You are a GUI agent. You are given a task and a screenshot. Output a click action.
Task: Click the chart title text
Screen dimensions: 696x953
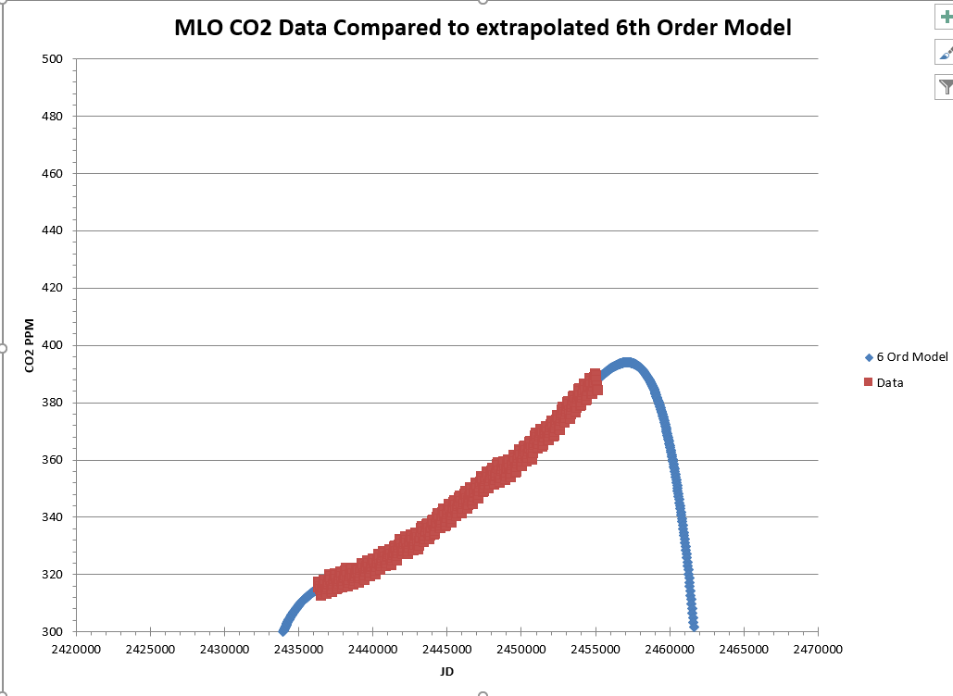pyautogui.click(x=483, y=28)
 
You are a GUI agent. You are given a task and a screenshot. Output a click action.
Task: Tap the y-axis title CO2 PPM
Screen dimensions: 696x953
pyautogui.click(x=29, y=345)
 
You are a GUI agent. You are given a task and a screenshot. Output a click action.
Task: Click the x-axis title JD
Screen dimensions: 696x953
pyautogui.click(x=447, y=671)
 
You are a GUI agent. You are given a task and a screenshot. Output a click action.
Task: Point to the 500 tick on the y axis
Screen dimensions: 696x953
pyautogui.click(x=53, y=59)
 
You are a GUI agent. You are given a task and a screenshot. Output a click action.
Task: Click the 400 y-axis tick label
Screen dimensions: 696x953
pyautogui.click(x=53, y=345)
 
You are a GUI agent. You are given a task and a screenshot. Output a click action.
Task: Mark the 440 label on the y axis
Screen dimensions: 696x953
pyautogui.click(x=53, y=230)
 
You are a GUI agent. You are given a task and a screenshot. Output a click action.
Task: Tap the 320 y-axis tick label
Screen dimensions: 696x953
pyautogui.click(x=53, y=575)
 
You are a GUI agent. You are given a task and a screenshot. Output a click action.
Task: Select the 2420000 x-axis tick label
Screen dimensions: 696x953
pyautogui.click(x=76, y=650)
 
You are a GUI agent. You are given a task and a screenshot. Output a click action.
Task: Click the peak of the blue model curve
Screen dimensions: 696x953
pyautogui.click(x=627, y=363)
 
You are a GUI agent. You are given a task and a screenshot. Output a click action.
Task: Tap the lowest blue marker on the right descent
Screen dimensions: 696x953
pyautogui.click(x=694, y=626)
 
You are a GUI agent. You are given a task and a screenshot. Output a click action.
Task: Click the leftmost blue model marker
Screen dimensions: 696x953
pyautogui.click(x=283, y=630)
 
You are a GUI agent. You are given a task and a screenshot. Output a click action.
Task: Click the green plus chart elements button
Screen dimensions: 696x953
pyautogui.click(x=945, y=19)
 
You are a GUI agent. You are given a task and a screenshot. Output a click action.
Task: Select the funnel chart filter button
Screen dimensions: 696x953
pyautogui.click(x=945, y=87)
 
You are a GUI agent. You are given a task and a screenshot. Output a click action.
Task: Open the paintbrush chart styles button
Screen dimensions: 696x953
pyautogui.click(x=945, y=53)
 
